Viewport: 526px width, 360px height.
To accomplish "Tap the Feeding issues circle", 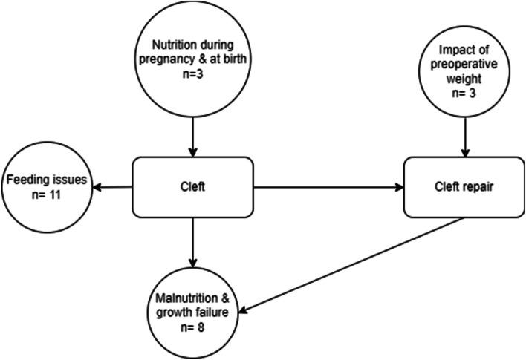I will coord(47,186).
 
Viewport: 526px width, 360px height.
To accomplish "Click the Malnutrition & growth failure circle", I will coord(194,312).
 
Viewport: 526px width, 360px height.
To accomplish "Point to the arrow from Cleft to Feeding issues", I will coord(111,188).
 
